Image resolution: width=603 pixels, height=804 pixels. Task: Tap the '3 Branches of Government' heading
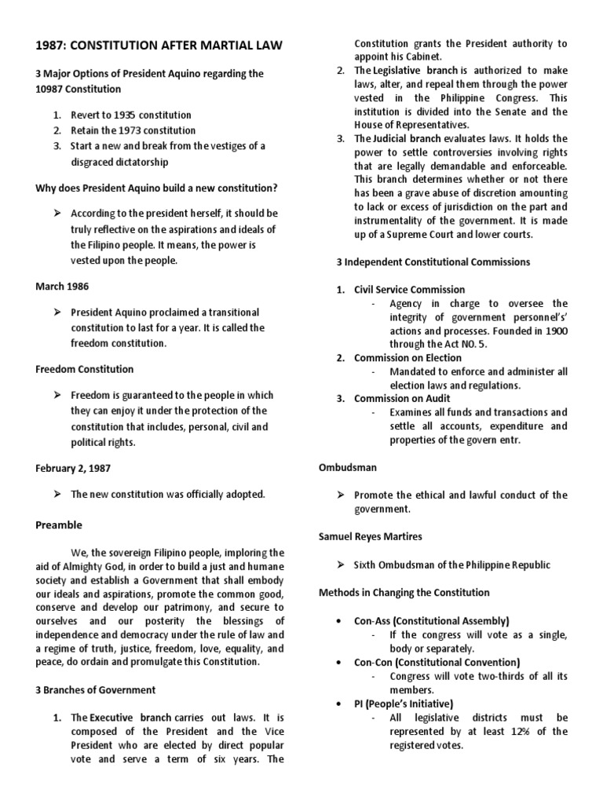tap(96, 689)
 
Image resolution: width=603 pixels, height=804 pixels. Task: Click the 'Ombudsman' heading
tap(348, 467)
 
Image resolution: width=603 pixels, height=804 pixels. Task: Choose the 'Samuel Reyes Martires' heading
tap(369, 536)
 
